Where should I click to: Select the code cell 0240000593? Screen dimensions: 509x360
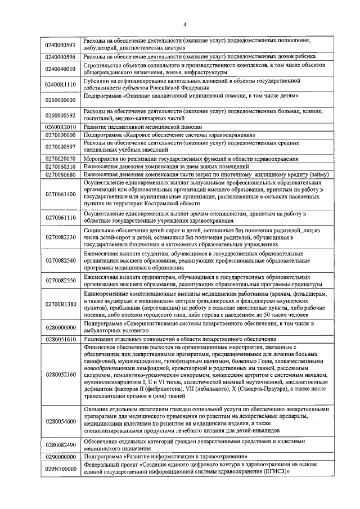60,44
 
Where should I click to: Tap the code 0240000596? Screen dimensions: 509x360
60,57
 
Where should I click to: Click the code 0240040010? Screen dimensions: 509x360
60,69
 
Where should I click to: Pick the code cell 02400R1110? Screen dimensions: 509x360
60,84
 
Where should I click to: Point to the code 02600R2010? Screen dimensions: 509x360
60,128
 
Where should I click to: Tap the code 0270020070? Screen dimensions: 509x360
60,159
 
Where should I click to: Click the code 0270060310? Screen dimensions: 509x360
60,167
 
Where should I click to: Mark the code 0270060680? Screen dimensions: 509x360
60,175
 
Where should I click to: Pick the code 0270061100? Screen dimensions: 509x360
60,195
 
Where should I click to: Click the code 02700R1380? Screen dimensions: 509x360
60,304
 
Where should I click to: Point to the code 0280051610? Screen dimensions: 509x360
60,340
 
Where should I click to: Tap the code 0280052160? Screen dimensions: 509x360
60,374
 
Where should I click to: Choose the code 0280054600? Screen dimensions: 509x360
60,421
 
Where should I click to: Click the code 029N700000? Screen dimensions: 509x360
60,469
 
